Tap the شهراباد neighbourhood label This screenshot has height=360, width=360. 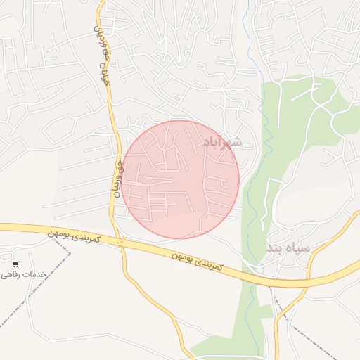tap(222, 143)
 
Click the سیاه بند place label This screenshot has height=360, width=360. tap(288, 249)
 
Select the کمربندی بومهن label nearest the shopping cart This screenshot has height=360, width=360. tap(75, 236)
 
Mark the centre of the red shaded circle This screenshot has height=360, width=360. tap(181, 179)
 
